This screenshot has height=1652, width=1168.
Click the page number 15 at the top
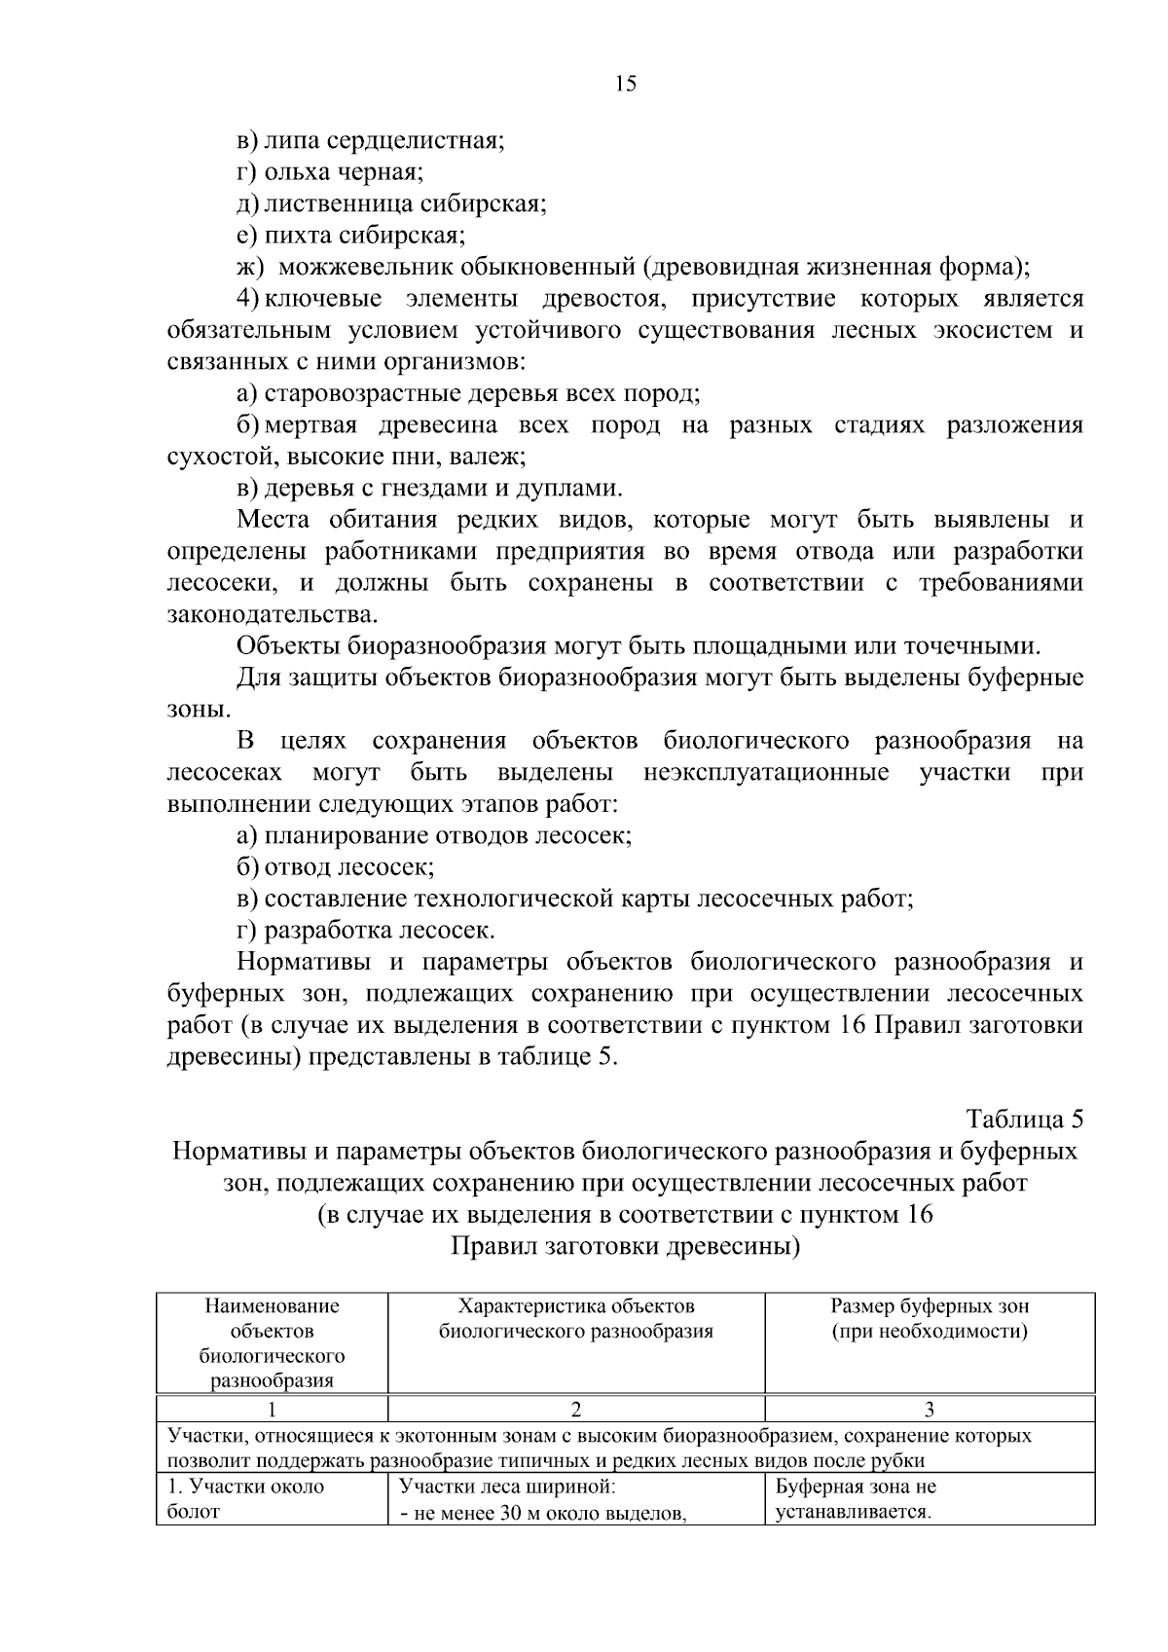(625, 84)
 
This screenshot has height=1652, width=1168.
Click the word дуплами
(574, 488)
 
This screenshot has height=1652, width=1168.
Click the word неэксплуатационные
(766, 772)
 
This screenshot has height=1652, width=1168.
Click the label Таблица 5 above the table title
(1024, 1118)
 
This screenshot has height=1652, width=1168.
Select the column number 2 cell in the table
(576, 1409)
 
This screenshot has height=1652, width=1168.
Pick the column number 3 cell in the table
(930, 1409)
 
